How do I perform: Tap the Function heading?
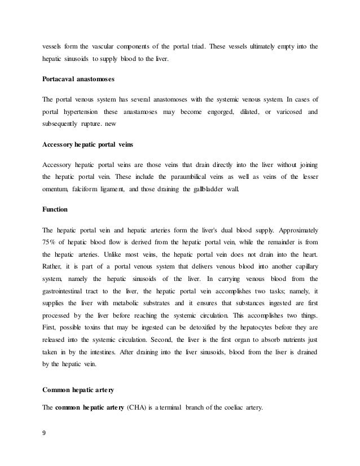click(x=55, y=209)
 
